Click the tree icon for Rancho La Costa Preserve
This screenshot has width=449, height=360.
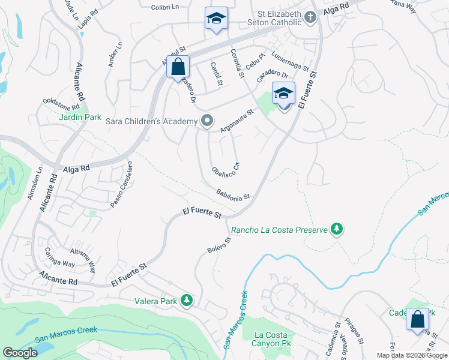[x=337, y=229]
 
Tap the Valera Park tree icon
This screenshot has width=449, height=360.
[x=187, y=299]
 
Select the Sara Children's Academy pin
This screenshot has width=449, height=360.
[x=207, y=121]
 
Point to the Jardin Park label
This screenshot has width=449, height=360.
[x=80, y=118]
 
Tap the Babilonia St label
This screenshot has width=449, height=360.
[x=233, y=194]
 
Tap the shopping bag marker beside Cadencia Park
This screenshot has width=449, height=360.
[x=417, y=319]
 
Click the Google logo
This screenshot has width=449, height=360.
[x=20, y=353]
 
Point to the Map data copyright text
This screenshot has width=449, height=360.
[x=412, y=355]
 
